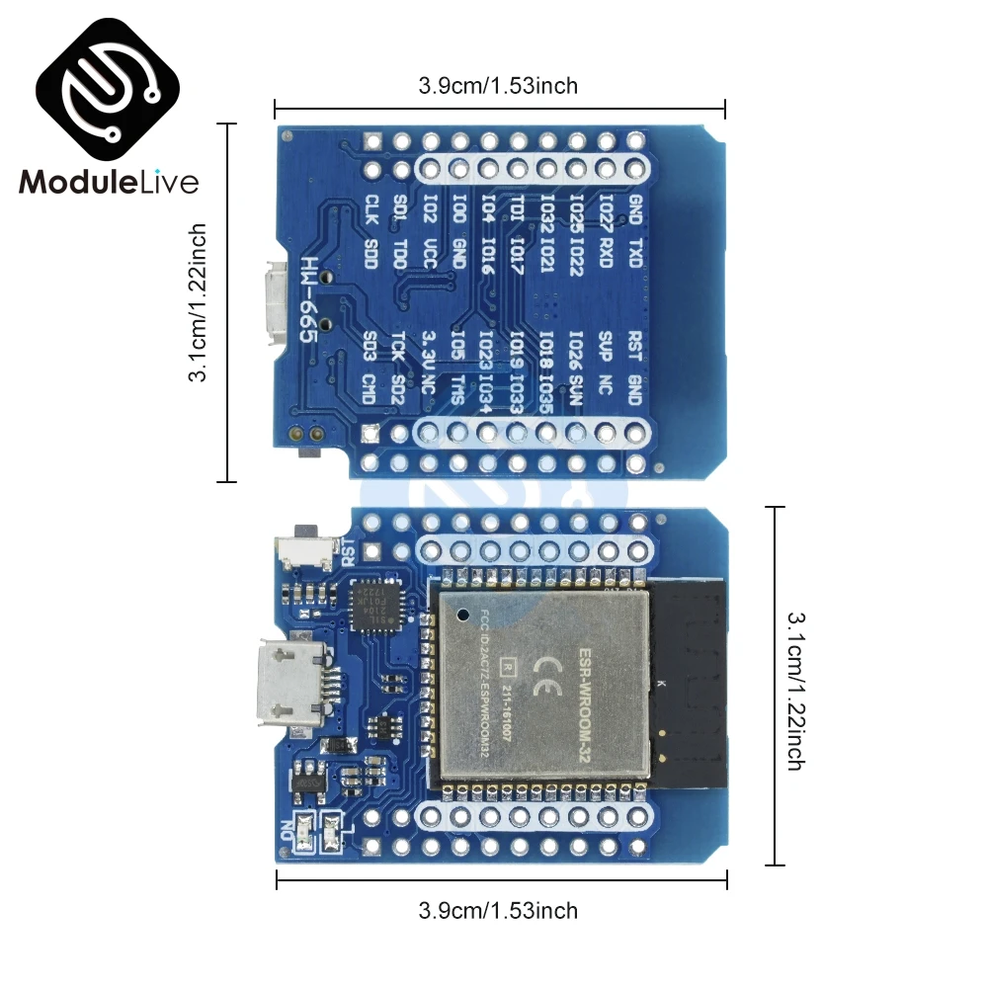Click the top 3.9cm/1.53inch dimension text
(x=498, y=86)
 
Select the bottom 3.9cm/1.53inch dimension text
(x=498, y=910)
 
